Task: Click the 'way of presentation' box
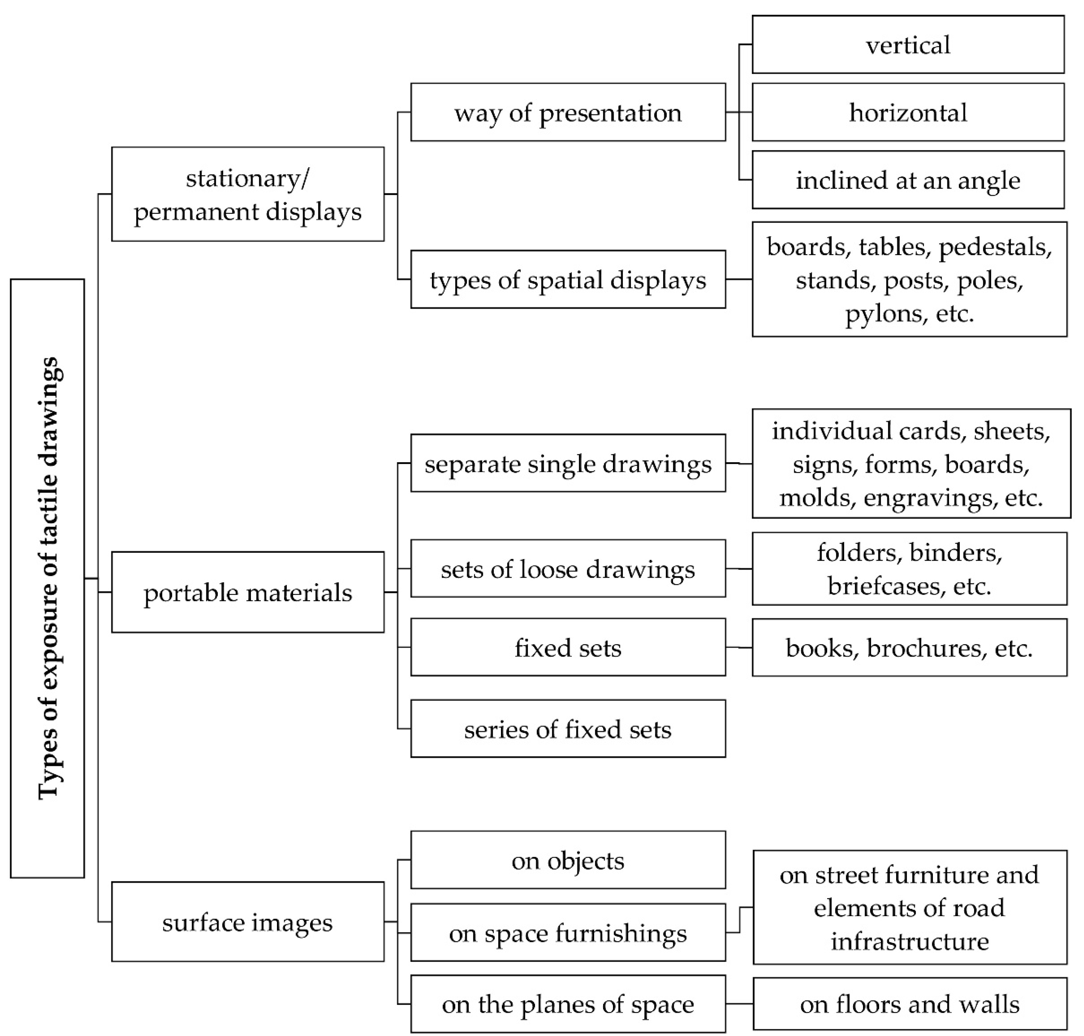coord(568,113)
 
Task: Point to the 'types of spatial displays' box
coord(568,280)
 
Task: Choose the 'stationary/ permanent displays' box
coord(247,194)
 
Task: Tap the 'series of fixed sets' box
coord(568,729)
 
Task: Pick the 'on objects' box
coord(568,860)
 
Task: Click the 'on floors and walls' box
coord(910,1004)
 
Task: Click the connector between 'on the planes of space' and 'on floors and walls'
coord(739,1003)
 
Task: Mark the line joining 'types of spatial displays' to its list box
coord(738,280)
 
